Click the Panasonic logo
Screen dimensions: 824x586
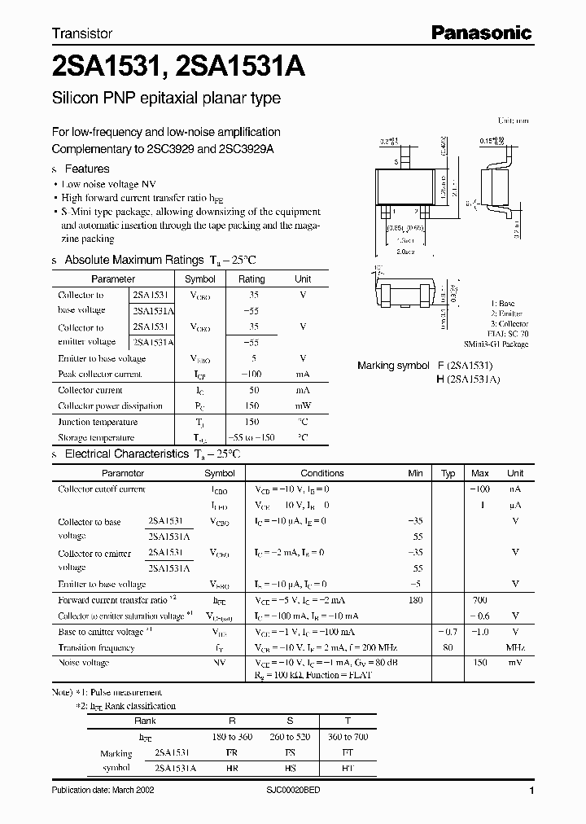[481, 33]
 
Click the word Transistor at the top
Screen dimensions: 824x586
[82, 34]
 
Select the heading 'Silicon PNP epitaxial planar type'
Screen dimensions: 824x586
[166, 99]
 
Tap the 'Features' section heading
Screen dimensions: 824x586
[86, 169]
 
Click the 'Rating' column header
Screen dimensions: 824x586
[251, 278]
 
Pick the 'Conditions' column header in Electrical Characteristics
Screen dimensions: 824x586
[322, 473]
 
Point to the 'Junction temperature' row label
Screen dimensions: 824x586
[98, 422]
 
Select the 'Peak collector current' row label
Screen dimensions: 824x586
[99, 375]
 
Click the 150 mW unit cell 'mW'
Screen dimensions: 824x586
[302, 406]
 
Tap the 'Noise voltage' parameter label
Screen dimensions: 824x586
[84, 663]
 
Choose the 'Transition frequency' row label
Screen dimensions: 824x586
[96, 647]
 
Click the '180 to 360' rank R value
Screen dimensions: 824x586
[232, 738]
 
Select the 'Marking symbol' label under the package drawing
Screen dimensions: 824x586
[393, 366]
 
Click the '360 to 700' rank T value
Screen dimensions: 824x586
[348, 738]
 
